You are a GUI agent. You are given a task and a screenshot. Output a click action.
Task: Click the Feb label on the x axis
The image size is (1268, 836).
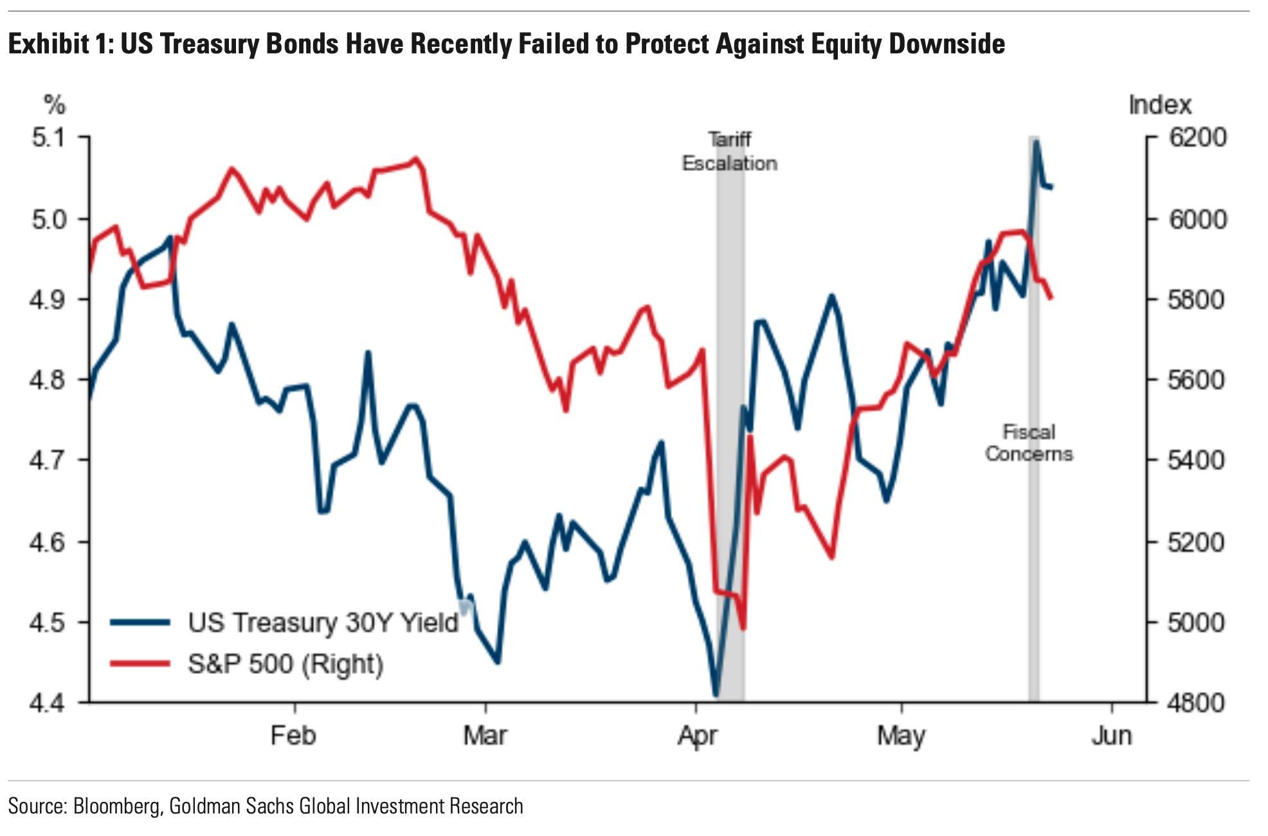pyautogui.click(x=293, y=735)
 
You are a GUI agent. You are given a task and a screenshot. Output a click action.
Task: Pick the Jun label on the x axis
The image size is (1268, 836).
pyautogui.click(x=1112, y=735)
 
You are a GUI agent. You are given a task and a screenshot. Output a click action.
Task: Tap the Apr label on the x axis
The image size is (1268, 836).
pyautogui.click(x=697, y=735)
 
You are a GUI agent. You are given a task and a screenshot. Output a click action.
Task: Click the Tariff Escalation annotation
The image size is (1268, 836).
pyautogui.click(x=729, y=152)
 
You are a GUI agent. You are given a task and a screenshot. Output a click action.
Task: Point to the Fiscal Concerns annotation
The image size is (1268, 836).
pyautogui.click(x=1029, y=442)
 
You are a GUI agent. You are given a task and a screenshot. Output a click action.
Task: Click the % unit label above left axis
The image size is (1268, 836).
pyautogui.click(x=55, y=105)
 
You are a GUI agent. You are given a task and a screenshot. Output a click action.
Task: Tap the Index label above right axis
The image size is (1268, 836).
pyautogui.click(x=1160, y=105)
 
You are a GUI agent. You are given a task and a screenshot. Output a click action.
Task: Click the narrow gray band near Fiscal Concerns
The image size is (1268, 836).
pyautogui.click(x=1033, y=418)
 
